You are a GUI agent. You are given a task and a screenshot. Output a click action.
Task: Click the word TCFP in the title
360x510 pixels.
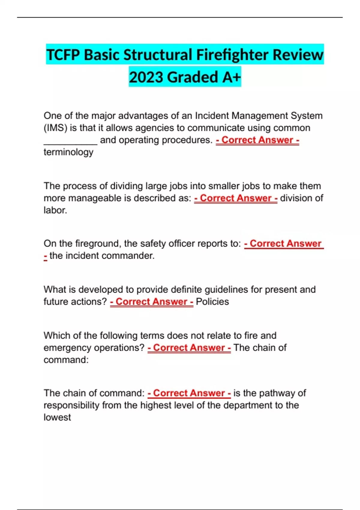tap(63, 55)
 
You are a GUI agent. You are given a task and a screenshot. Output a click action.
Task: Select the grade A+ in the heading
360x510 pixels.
tap(232, 77)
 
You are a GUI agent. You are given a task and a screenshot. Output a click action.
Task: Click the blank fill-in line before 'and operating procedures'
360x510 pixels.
tap(70, 141)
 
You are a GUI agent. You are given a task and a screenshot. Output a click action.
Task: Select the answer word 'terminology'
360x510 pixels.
tap(68, 152)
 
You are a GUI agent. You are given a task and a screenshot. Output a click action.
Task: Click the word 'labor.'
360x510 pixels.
tap(55, 210)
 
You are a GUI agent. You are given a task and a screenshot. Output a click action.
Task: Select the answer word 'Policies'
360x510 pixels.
tap(212, 301)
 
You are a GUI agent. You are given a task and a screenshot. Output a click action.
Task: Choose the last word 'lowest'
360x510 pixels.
tap(57, 417)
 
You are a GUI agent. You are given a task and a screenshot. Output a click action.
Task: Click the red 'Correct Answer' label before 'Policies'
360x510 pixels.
tap(151, 301)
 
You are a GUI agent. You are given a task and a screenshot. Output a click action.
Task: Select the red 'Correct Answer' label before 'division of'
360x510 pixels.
tap(236, 198)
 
